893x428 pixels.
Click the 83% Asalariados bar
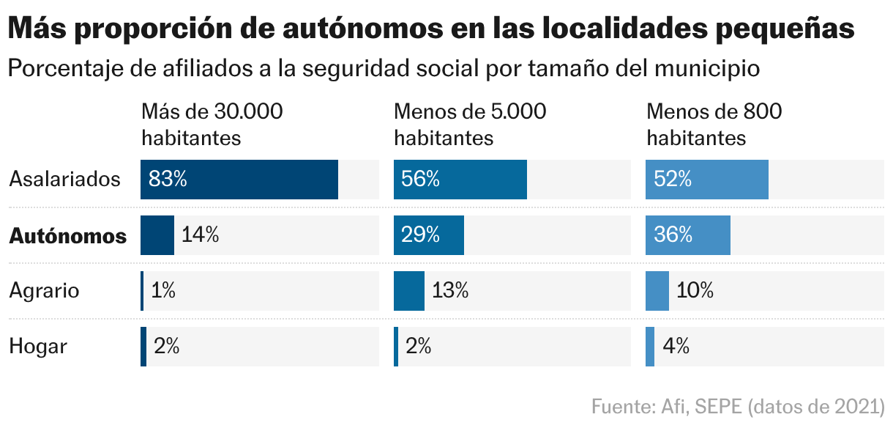click(239, 180)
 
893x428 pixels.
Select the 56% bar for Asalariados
click(460, 180)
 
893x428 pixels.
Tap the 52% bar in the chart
click(706, 180)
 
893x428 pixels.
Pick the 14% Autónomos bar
click(157, 235)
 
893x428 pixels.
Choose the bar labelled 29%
click(428, 235)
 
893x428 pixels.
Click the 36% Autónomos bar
click(687, 235)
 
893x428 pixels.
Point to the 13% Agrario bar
click(408, 291)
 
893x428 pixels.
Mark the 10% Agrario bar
click(657, 291)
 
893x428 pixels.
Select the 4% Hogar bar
click(650, 347)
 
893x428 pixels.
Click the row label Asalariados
click(64, 180)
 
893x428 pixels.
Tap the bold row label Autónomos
click(67, 236)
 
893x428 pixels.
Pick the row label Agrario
click(44, 291)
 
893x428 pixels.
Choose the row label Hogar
click(38, 347)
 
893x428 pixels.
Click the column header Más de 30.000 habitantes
click(212, 125)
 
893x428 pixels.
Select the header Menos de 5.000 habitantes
click(470, 125)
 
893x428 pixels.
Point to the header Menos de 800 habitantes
click(714, 125)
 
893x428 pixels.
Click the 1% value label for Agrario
click(163, 291)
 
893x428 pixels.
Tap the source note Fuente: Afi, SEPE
click(738, 406)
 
